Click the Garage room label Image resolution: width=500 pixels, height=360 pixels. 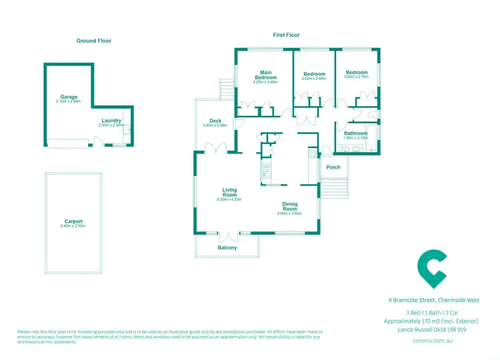pyautogui.click(x=69, y=97)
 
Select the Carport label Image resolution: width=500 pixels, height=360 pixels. pyautogui.click(x=73, y=221)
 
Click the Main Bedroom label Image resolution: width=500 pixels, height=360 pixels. pyautogui.click(x=266, y=75)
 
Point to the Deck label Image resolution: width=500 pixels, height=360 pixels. pyautogui.click(x=215, y=121)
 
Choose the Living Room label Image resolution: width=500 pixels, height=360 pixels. pyautogui.click(x=229, y=193)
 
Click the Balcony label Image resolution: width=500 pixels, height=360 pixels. pyautogui.click(x=227, y=248)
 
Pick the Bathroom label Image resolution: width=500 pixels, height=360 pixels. pyautogui.click(x=355, y=133)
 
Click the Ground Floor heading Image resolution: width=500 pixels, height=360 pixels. pyautogui.click(x=94, y=41)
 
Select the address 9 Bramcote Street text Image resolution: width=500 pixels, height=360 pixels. pyautogui.click(x=433, y=300)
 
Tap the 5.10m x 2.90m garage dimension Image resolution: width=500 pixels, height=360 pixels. pyautogui.click(x=69, y=102)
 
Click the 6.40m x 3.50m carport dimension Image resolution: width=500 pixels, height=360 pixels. pyautogui.click(x=73, y=227)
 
